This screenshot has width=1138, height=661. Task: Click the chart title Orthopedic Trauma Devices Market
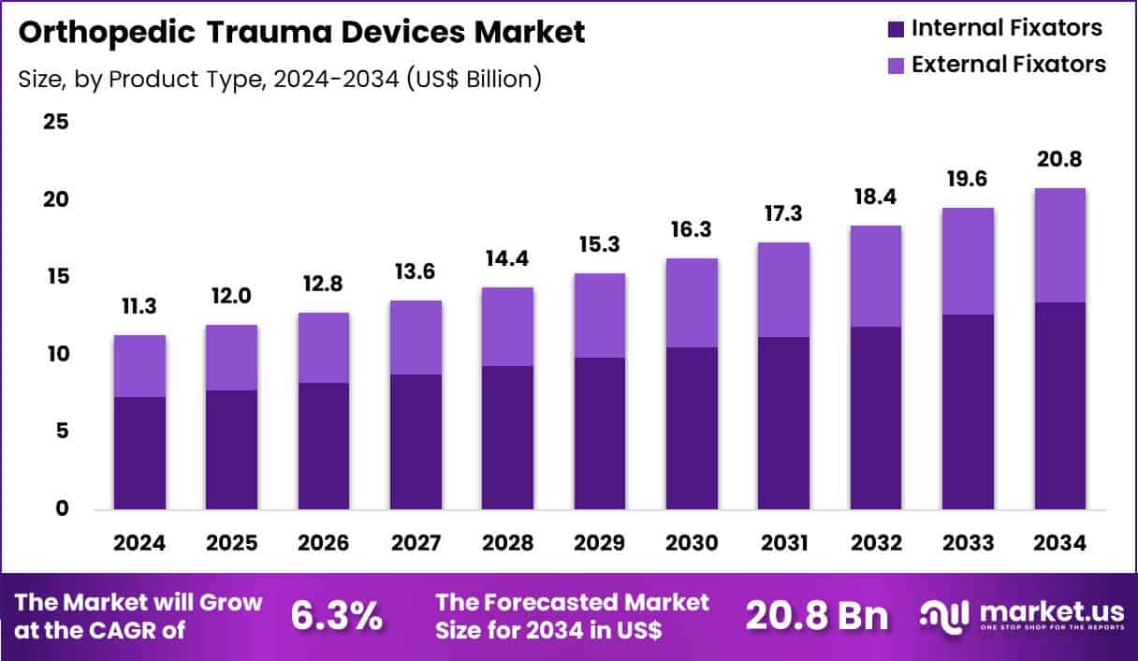click(x=301, y=32)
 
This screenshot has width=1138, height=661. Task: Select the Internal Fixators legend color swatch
click(x=895, y=29)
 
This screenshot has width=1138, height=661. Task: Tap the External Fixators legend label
click(x=1008, y=64)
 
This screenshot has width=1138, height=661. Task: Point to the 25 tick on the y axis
click(x=55, y=123)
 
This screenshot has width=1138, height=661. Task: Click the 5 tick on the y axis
click(x=61, y=432)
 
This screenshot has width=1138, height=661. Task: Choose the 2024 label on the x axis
click(x=139, y=543)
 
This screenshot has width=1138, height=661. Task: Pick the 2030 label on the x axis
click(x=692, y=543)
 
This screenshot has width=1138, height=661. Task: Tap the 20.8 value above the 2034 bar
click(x=1059, y=160)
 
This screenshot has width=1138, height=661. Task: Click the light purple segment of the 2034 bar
click(x=1059, y=245)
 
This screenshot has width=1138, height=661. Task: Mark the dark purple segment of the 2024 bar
click(x=139, y=453)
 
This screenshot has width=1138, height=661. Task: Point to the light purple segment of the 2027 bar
click(x=416, y=337)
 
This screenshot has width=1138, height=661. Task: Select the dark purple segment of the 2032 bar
click(x=876, y=418)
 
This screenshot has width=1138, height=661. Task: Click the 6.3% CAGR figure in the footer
click(x=336, y=615)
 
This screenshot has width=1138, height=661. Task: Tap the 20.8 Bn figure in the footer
click(x=817, y=615)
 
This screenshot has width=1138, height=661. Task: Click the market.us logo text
click(x=1050, y=610)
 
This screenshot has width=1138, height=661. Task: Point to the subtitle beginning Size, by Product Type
click(x=280, y=79)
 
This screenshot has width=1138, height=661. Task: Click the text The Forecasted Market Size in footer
click(x=573, y=615)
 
